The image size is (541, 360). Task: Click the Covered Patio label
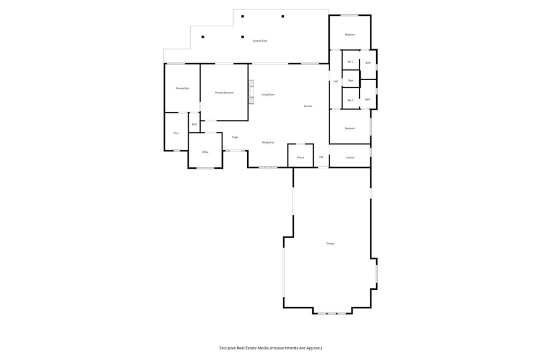click(259, 41)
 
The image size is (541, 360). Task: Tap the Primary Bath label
click(182, 88)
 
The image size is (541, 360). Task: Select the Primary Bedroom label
click(224, 93)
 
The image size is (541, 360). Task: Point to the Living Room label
click(268, 94)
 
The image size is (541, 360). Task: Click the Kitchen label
click(308, 106)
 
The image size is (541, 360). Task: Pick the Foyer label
click(235, 137)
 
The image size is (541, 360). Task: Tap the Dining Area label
click(268, 143)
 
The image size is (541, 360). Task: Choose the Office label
click(206, 152)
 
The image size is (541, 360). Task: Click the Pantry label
click(300, 157)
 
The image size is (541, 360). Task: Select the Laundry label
click(350, 157)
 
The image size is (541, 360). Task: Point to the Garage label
click(330, 243)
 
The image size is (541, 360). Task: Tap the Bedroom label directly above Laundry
click(350, 128)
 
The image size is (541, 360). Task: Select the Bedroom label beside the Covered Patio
click(350, 35)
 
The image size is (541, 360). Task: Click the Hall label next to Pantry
click(321, 157)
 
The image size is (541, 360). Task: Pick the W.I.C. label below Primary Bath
click(176, 133)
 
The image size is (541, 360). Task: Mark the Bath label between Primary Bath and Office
click(194, 125)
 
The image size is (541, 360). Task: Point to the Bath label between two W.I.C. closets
click(350, 81)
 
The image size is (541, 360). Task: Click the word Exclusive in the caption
click(230, 348)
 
